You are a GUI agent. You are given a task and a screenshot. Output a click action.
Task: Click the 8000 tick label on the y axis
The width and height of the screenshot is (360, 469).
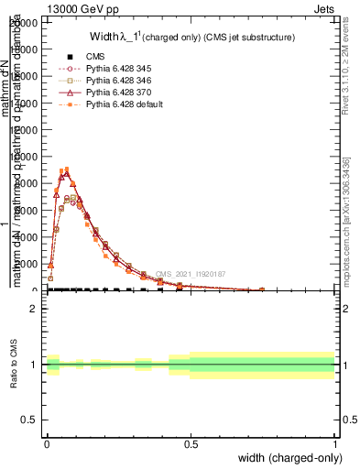[x=27, y=184]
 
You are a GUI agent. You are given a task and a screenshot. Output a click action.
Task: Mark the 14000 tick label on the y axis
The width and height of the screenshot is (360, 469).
[x=25, y=104]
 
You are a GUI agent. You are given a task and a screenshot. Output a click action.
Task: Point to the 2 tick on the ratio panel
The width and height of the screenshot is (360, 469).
[x=36, y=309]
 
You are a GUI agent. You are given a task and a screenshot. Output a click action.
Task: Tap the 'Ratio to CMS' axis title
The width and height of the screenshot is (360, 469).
[x=14, y=365]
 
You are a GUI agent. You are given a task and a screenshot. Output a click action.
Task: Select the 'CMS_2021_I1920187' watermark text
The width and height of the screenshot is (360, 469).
[x=190, y=274]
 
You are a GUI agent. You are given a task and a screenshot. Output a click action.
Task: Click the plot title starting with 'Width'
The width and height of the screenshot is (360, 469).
[x=191, y=38]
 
